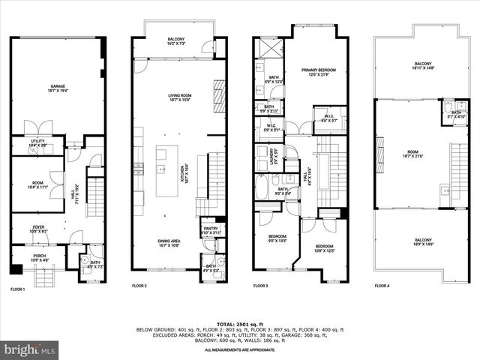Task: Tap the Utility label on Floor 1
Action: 38,140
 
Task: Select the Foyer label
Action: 38,227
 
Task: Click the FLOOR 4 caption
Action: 382,286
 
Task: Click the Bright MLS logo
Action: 30,349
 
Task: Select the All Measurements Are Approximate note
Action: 239,350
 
